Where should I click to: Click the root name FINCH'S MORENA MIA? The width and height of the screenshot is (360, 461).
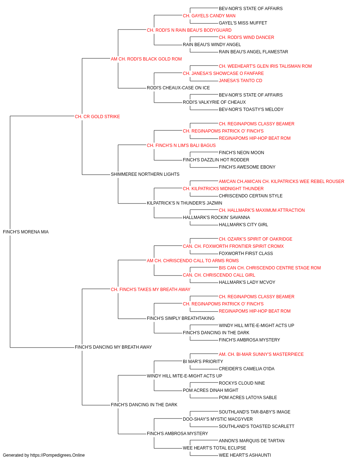pos(26,232)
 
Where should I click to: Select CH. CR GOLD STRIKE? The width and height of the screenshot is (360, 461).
pos(97,117)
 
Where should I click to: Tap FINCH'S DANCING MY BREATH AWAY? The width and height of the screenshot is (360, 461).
pos(113,347)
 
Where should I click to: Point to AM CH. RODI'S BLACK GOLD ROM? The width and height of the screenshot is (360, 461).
pos(146,59)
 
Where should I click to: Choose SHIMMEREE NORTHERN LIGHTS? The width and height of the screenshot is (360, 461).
pos(145,174)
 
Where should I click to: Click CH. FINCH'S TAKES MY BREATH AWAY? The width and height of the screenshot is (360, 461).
pos(150,289)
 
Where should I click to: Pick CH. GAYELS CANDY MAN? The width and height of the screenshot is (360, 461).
pos(209,16)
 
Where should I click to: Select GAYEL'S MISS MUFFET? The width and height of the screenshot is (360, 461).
pos(243,23)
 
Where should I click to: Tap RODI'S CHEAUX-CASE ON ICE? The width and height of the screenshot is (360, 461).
pos(178,88)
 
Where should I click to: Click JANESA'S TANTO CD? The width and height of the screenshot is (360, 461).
pos(240,81)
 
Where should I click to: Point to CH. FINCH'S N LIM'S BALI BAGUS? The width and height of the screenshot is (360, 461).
pos(181,145)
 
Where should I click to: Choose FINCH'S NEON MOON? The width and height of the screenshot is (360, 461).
pos(241,153)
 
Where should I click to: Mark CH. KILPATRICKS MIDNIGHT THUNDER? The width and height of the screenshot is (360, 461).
pos(223,189)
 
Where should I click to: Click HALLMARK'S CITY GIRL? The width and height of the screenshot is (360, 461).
pos(243,225)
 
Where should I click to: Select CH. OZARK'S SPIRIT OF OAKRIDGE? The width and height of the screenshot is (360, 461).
pos(256,239)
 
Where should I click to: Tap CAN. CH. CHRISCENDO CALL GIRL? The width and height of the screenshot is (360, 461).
pos(219,275)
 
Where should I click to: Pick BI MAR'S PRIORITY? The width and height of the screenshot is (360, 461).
pos(203,362)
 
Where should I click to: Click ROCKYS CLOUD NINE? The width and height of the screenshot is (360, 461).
pos(242,383)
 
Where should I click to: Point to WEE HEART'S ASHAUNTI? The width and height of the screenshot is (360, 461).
pos(245,455)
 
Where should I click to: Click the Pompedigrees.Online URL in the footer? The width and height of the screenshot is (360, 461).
pos(57,455)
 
